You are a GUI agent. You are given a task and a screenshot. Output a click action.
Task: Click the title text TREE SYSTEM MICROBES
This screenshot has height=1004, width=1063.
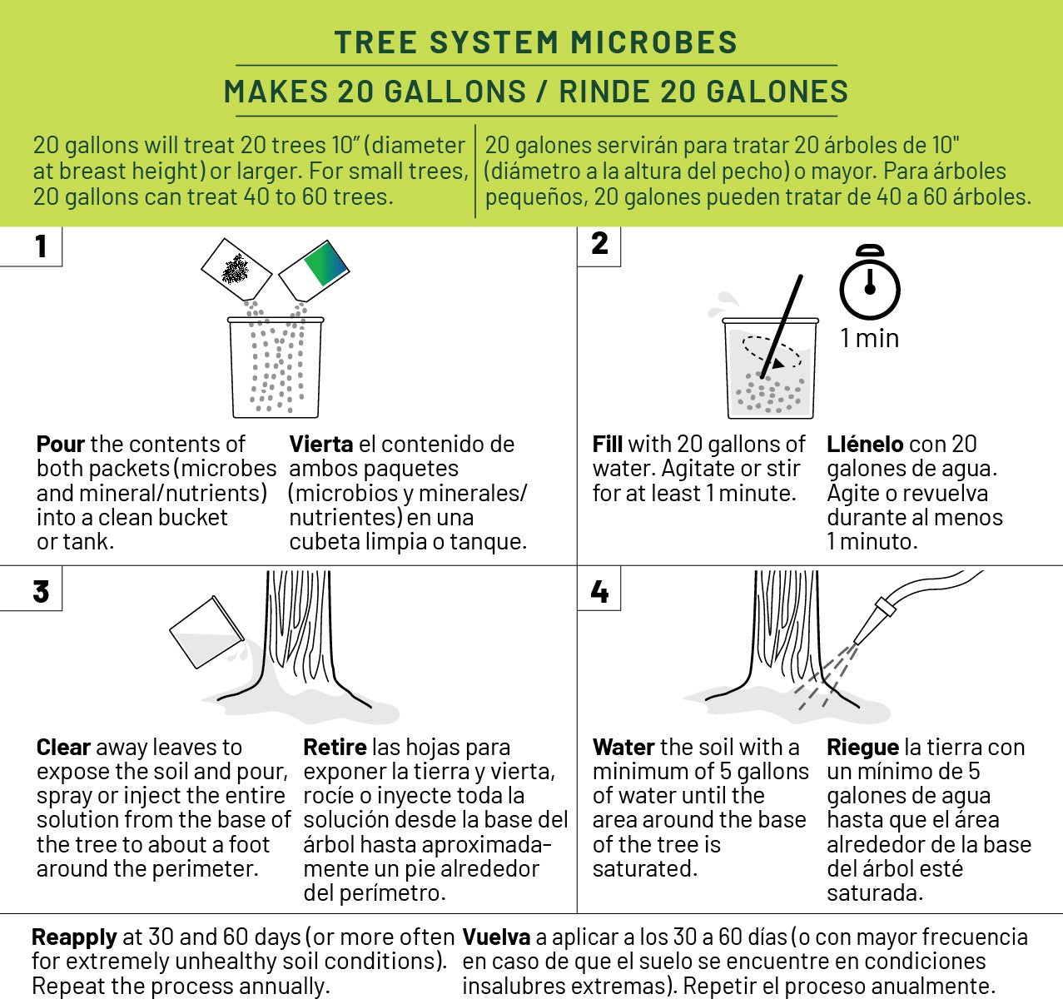[x=536, y=42]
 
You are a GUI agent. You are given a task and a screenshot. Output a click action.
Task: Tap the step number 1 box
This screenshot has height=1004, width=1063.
[x=31, y=246]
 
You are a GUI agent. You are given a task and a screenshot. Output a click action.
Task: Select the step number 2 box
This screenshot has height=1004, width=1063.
[x=599, y=246]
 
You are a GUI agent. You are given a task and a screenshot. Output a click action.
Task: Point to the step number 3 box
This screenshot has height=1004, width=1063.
[x=31, y=589]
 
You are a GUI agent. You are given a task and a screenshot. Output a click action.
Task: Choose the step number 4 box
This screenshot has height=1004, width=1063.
[x=599, y=589]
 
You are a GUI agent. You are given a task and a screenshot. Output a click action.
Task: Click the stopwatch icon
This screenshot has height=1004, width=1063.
[x=870, y=283]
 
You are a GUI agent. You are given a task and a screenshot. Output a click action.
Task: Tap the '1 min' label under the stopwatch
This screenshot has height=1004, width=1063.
[x=870, y=339]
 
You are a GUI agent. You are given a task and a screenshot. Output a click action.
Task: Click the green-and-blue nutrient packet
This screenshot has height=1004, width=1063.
[x=314, y=271]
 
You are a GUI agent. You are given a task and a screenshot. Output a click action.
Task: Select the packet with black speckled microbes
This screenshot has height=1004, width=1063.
[x=236, y=269]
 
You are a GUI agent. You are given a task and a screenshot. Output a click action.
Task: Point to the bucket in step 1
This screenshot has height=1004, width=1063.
[x=276, y=367]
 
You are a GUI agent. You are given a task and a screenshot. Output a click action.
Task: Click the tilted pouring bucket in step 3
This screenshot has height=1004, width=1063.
[x=206, y=633]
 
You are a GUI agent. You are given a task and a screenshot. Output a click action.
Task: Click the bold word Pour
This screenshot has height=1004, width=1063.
[x=61, y=444]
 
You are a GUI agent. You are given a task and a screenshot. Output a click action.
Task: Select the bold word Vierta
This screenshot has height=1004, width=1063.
[x=321, y=444]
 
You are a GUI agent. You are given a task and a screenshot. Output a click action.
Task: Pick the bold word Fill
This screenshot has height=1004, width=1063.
[x=608, y=444]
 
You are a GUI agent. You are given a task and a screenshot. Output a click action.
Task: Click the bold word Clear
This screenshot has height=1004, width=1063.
[x=63, y=747]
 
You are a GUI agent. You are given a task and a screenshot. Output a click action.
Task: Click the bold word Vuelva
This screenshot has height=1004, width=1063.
[x=497, y=937]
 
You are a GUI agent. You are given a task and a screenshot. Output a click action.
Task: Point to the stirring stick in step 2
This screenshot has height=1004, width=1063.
[x=782, y=326]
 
